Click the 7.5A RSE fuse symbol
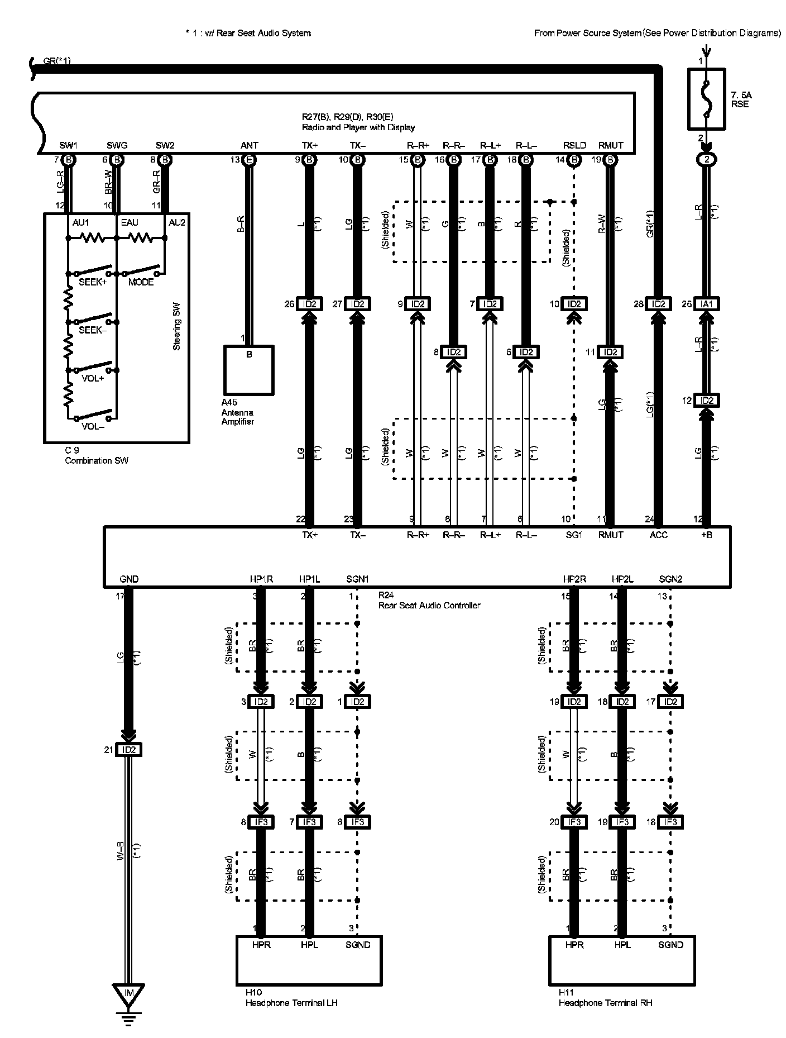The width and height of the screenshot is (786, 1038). [x=706, y=99]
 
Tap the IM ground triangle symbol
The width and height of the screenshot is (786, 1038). [x=128, y=993]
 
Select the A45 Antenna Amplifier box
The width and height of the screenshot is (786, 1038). [x=248, y=370]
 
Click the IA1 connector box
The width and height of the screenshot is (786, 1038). [x=706, y=304]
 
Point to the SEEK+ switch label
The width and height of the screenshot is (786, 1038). [x=92, y=283]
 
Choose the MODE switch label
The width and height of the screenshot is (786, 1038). [x=141, y=283]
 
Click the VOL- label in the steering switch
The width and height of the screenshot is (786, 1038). [x=93, y=427]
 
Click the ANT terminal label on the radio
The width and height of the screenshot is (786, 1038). [x=249, y=145]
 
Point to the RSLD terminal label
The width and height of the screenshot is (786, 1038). [x=574, y=145]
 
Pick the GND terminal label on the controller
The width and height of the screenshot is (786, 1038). [x=129, y=579]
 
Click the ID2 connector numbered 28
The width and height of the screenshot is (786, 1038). [x=659, y=304]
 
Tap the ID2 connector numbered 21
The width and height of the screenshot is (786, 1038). [x=128, y=750]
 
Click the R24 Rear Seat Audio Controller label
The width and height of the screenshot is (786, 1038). [x=429, y=601]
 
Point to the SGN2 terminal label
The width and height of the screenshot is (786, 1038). [x=670, y=579]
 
